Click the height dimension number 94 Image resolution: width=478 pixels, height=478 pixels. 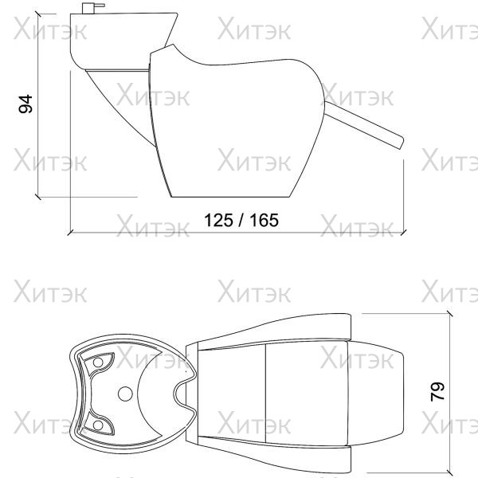(x=25, y=104)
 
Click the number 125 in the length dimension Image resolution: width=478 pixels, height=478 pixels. (x=218, y=220)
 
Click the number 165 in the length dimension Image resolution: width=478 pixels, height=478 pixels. (x=264, y=220)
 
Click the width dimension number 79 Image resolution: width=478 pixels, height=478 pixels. (x=437, y=391)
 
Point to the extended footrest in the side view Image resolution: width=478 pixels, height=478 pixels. (x=364, y=125)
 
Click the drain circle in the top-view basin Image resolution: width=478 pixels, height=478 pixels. (x=125, y=394)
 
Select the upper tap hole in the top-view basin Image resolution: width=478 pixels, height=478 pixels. (x=98, y=362)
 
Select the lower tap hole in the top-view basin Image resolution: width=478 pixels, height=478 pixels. (x=98, y=425)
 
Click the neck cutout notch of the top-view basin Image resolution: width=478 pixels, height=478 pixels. (x=180, y=394)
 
